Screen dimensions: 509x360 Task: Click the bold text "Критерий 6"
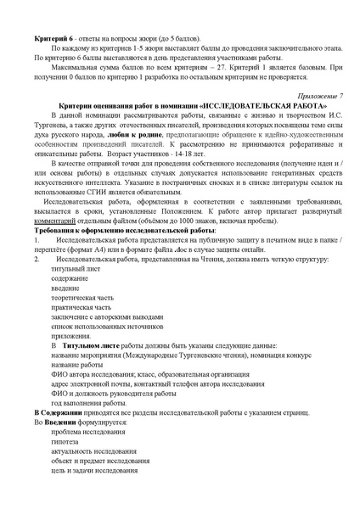(50, 41)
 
